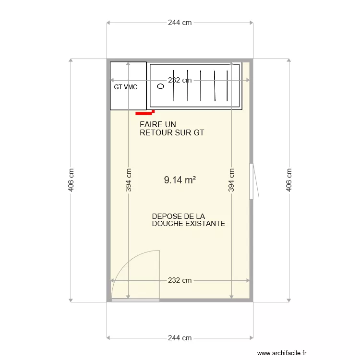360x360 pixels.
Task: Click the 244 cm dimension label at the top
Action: click(x=180, y=23)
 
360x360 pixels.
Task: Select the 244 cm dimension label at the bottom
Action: click(x=180, y=338)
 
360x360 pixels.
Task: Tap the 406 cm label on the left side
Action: click(x=71, y=180)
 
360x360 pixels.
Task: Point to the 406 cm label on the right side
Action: click(x=289, y=180)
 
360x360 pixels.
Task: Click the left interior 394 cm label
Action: click(x=128, y=180)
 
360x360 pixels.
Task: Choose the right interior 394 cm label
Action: click(x=231, y=180)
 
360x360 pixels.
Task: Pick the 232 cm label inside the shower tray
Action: click(x=180, y=81)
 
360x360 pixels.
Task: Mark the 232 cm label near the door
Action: click(x=180, y=280)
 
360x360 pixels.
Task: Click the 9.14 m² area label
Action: click(x=180, y=180)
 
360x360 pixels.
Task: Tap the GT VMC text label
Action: click(x=126, y=87)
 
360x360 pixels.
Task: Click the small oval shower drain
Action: click(x=160, y=86)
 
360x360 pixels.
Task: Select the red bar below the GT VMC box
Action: click(x=144, y=113)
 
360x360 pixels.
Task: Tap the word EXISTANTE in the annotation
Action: click(x=204, y=224)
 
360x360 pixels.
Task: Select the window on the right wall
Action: click(x=251, y=181)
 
